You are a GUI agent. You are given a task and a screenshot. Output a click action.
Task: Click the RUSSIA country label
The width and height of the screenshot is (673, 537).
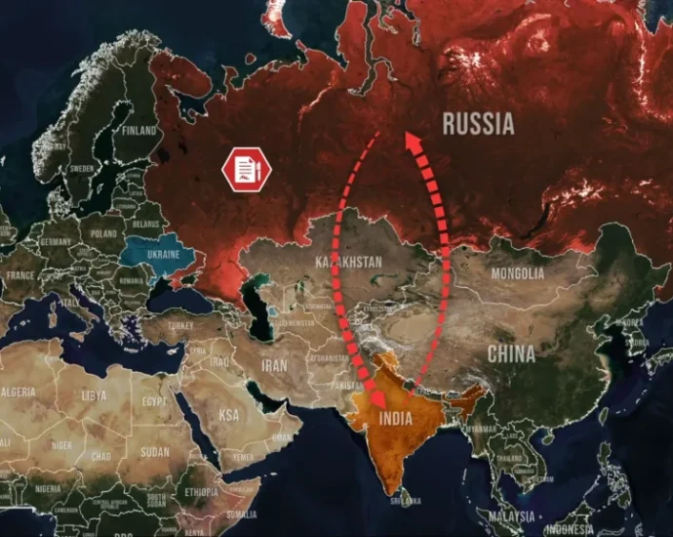click(x=478, y=124)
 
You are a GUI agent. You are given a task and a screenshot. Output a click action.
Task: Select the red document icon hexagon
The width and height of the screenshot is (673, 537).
click(x=247, y=170)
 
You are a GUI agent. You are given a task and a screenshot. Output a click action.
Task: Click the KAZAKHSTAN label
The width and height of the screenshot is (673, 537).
click(x=349, y=263)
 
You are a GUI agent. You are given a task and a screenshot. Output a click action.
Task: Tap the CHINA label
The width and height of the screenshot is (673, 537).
click(x=511, y=352)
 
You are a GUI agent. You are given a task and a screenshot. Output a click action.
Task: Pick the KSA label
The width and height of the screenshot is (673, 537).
click(x=228, y=415)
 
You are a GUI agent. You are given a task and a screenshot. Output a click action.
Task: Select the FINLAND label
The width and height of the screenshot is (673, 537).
click(x=139, y=129)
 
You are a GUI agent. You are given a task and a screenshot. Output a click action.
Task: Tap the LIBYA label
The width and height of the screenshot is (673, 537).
click(x=95, y=396)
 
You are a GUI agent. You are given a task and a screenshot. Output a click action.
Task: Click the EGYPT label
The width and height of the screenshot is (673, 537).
click(x=154, y=401)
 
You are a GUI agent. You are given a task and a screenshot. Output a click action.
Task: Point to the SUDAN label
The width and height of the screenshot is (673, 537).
click(x=155, y=453)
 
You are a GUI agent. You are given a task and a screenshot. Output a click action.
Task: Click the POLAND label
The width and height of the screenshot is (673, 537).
click(x=103, y=234)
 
